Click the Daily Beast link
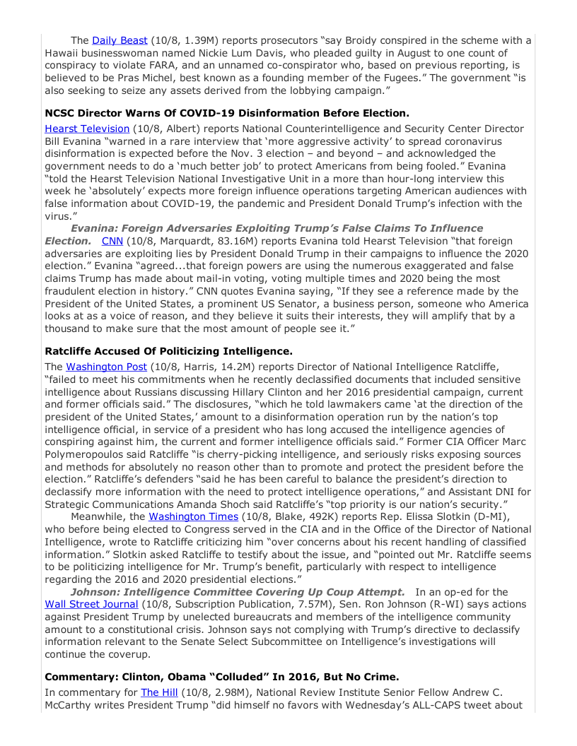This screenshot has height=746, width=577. point(120,40)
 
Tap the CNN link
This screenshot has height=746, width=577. point(112,241)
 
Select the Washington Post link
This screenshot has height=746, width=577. point(107,367)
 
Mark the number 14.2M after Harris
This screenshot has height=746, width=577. point(228,367)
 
